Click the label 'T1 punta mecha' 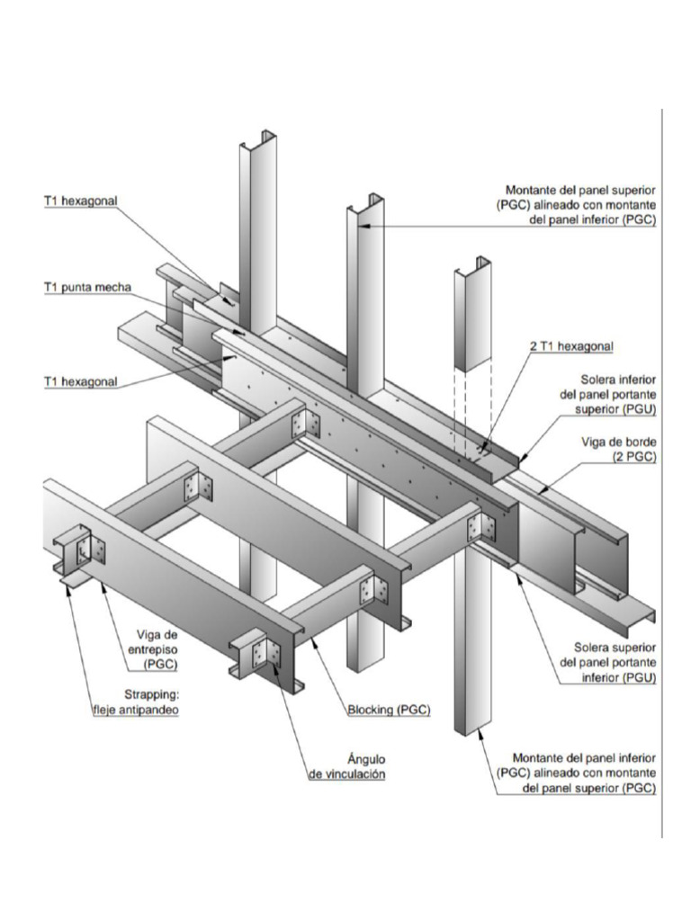tap(87, 288)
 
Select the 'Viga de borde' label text tap(620, 443)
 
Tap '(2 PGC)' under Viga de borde tap(634, 458)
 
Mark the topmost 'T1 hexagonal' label tap(81, 201)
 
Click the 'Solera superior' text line tap(615, 647)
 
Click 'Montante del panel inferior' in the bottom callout tap(584, 757)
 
